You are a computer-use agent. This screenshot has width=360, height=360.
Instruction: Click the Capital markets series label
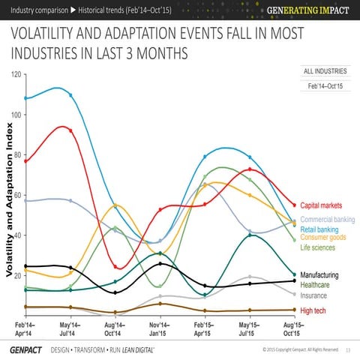321,205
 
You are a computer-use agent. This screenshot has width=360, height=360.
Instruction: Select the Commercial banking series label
327,219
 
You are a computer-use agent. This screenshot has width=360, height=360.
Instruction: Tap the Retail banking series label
319,229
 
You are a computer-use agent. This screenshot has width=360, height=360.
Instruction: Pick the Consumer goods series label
322,238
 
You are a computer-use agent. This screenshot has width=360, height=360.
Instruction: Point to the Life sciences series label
317,247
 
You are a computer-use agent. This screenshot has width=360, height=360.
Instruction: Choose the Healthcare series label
318,285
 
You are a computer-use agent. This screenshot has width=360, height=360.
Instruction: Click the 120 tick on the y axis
16,74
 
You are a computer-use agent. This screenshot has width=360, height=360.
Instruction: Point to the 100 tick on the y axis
16,115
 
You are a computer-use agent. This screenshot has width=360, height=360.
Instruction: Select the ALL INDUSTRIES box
324,71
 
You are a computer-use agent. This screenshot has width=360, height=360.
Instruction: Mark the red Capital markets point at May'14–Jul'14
70,130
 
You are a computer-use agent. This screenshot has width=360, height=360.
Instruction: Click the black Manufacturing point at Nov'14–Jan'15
160,264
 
